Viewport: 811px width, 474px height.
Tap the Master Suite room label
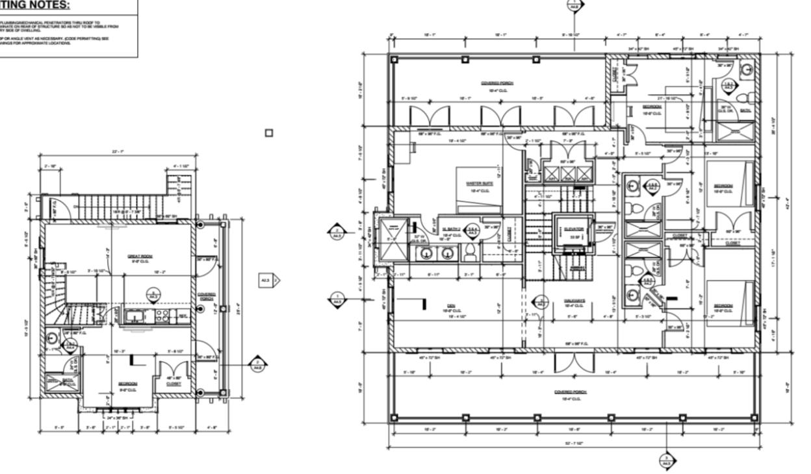click(479, 184)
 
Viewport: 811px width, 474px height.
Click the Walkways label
click(574, 301)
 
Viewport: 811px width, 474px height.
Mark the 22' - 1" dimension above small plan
click(118, 152)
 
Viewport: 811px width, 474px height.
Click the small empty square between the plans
click(269, 133)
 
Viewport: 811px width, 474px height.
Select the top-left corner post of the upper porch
click(394, 59)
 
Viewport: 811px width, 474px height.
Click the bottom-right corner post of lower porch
click(754, 418)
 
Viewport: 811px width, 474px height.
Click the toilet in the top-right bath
click(749, 98)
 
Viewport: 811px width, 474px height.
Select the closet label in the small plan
click(173, 384)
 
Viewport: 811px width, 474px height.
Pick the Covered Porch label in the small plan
click(207, 296)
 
